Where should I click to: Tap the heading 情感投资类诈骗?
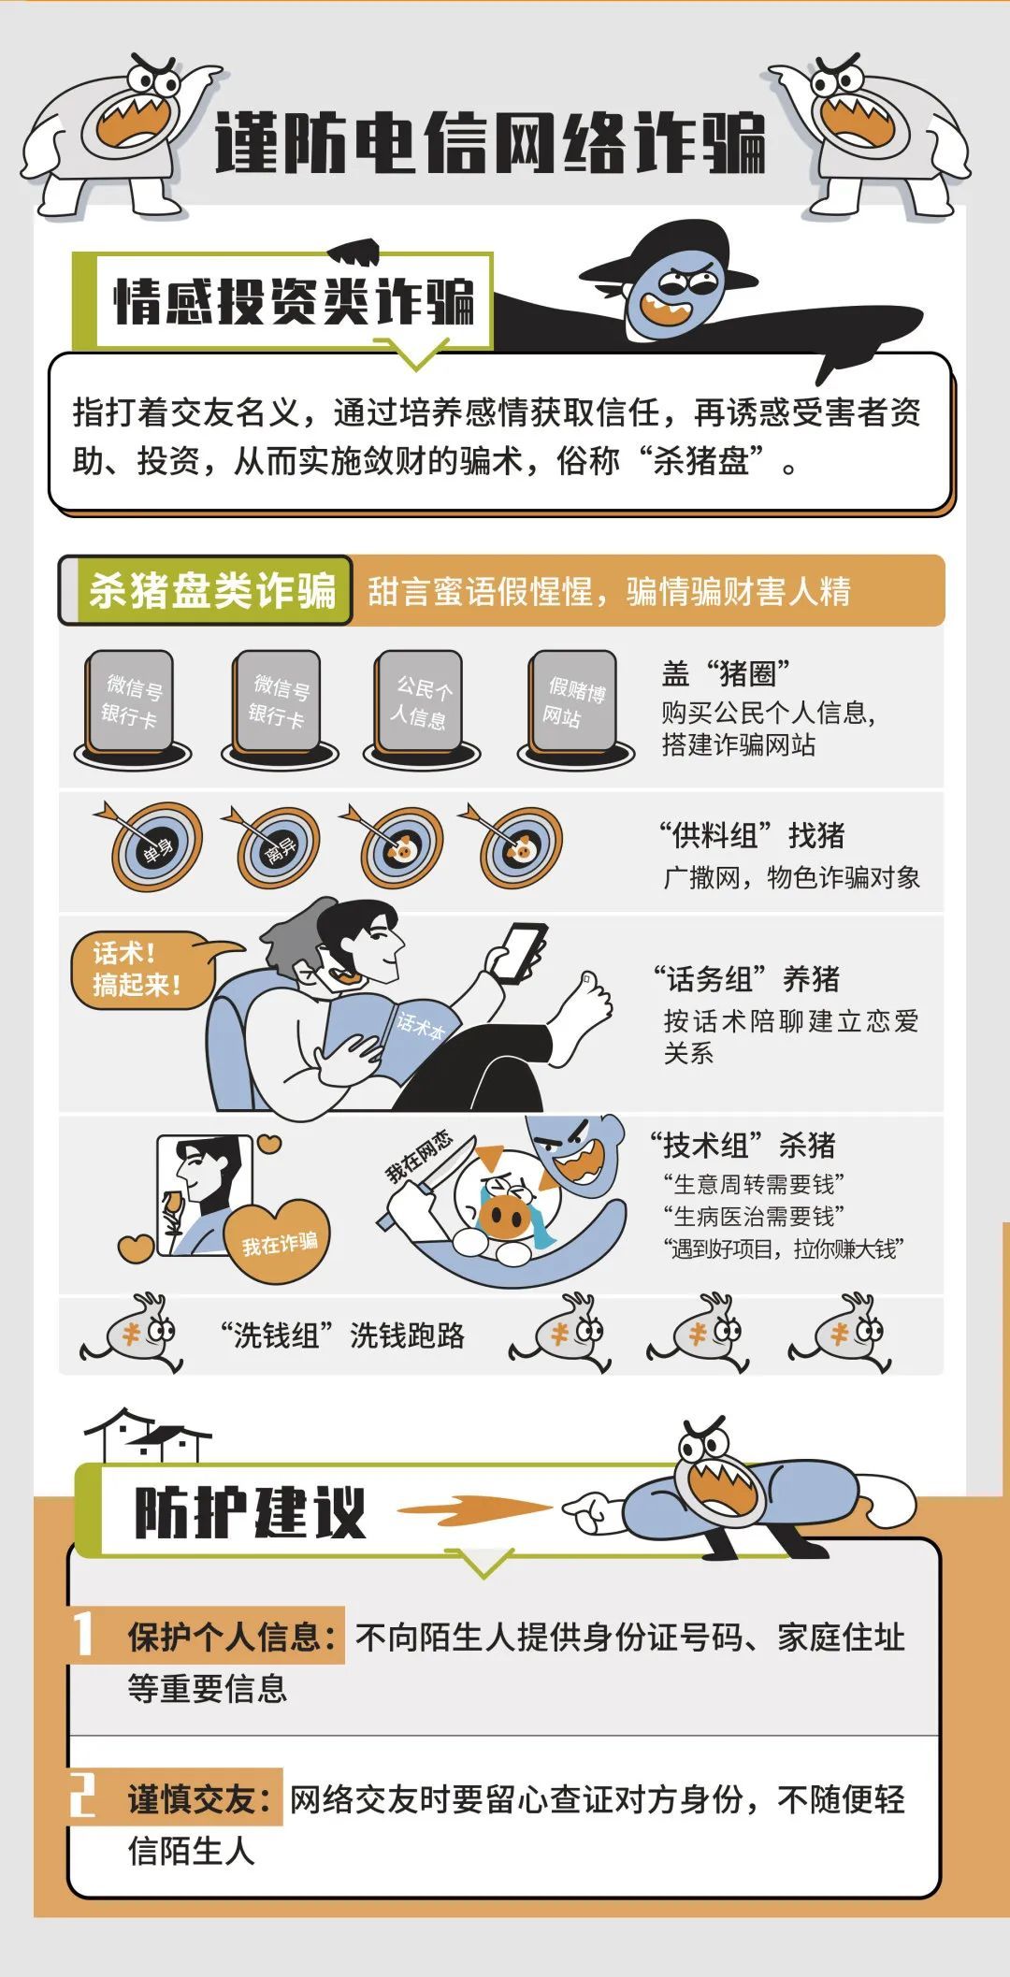(x=293, y=301)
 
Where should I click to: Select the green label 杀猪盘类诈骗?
(x=212, y=590)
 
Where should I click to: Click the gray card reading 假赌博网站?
(x=574, y=703)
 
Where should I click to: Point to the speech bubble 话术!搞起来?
(x=140, y=970)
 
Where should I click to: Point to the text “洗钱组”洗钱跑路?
(x=342, y=1335)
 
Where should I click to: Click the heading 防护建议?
(x=249, y=1512)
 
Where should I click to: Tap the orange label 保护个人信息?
(x=232, y=1637)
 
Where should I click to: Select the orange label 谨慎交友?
(x=199, y=1798)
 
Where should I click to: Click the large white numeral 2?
(x=83, y=1796)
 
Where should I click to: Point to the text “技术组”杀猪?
(x=743, y=1145)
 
